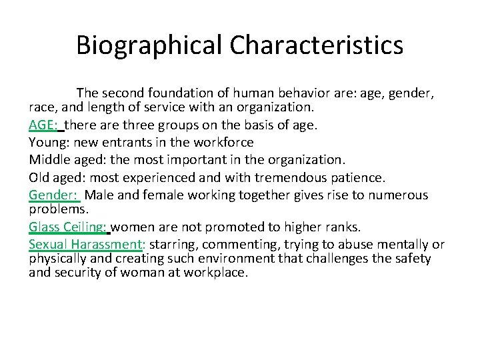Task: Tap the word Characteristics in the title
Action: point(317,45)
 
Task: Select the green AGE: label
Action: point(43,125)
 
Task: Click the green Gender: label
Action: point(54,195)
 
